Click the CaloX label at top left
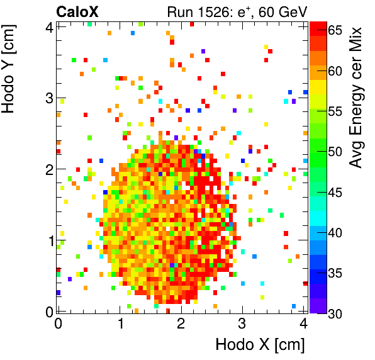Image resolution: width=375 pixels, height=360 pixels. (77, 11)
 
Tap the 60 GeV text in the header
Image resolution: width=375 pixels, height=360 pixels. (283, 11)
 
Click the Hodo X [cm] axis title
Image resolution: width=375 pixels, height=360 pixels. (260, 344)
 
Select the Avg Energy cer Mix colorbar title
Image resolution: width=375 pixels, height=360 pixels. (357, 98)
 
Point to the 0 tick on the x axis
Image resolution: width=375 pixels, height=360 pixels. (58, 324)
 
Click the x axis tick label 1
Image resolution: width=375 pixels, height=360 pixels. (120, 324)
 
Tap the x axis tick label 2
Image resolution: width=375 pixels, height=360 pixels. (181, 324)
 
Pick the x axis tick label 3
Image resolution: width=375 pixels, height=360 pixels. (242, 324)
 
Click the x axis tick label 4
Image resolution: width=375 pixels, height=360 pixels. (303, 324)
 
